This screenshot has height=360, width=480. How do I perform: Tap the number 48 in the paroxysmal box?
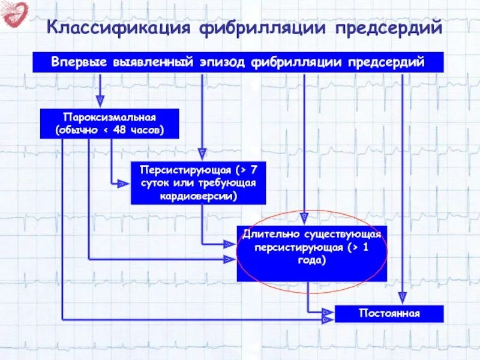click(120, 130)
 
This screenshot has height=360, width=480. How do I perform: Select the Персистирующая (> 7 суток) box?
click(197, 182)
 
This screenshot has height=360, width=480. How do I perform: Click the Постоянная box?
click(389, 314)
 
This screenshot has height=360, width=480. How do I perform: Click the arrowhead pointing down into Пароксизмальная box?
click(100, 101)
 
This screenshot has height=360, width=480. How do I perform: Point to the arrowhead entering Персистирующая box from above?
click(202, 154)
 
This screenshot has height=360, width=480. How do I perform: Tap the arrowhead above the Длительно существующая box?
click(304, 214)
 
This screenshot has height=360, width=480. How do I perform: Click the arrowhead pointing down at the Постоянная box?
click(403, 297)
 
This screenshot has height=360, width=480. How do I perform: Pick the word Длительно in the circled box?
click(265, 233)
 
